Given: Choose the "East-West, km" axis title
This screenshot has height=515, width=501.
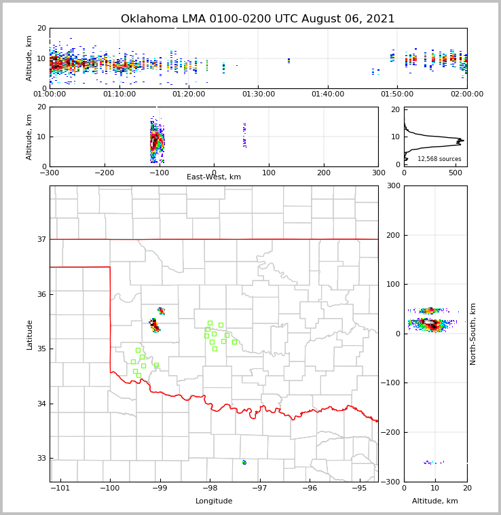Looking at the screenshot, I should point(214,177).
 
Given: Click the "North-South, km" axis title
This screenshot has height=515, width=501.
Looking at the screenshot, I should point(473,334).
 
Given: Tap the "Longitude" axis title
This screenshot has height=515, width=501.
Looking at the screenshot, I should point(214,501).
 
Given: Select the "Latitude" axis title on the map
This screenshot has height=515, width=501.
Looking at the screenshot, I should point(29,334).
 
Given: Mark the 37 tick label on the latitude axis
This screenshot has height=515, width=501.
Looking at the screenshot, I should point(41,239).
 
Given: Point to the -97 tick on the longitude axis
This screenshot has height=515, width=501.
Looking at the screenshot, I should point(259,488).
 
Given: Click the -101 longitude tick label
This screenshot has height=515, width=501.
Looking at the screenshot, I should point(60,488).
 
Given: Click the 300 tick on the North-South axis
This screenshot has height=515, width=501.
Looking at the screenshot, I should point(392,185).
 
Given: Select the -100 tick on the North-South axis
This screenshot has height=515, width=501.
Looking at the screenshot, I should point(390,383).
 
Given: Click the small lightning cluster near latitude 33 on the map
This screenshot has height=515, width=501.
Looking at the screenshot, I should point(244,463).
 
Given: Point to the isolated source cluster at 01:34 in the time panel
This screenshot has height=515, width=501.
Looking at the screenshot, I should point(289,60).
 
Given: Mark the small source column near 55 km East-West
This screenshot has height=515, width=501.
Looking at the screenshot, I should point(244,135).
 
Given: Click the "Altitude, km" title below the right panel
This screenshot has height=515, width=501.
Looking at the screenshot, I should point(435,501).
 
